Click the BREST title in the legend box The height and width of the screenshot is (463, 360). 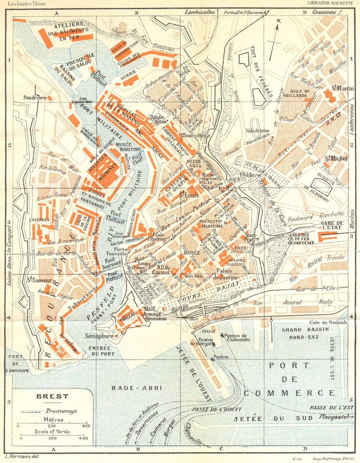(52, 397)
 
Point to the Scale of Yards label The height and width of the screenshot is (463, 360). (52, 431)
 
